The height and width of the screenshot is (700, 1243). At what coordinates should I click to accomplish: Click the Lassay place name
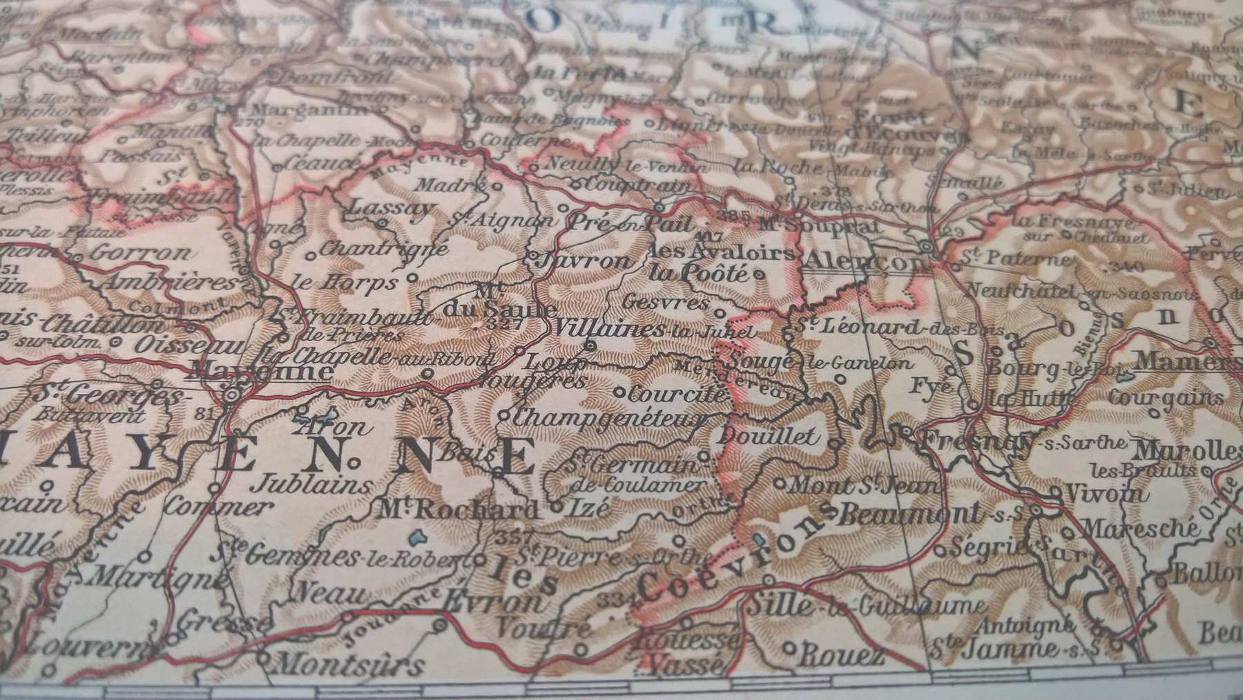pos(392,207)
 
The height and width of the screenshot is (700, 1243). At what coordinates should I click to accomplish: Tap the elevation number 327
pos(502,323)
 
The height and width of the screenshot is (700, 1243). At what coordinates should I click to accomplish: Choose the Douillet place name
pos(769,436)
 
